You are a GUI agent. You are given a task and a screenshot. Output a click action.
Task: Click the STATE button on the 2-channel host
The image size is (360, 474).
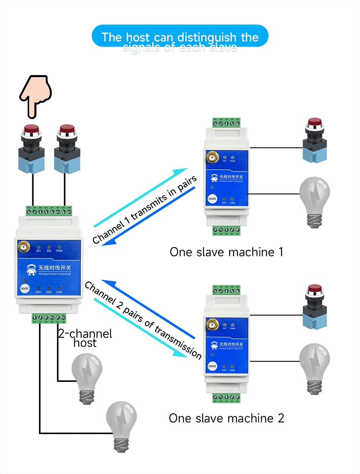pyautogui.click(x=25, y=288)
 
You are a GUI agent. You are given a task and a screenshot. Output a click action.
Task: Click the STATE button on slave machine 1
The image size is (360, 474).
pyautogui.click(x=212, y=198)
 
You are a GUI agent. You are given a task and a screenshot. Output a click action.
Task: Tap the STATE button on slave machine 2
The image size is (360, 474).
pyautogui.click(x=212, y=366)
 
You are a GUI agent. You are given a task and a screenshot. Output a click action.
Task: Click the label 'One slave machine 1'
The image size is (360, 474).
pyautogui.click(x=226, y=252)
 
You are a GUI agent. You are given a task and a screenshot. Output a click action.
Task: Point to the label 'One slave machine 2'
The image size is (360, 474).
pyautogui.click(x=226, y=418)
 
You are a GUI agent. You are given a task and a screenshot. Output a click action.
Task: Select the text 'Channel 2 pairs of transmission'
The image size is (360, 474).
pyautogui.click(x=143, y=320)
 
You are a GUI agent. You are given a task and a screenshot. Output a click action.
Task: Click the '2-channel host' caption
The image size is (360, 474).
pyautogui.click(x=85, y=338)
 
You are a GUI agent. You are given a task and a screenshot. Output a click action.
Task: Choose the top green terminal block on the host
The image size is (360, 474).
pyautogui.click(x=49, y=211)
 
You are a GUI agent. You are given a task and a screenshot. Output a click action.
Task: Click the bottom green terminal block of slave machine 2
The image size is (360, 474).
pyautogui.click(x=227, y=398)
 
